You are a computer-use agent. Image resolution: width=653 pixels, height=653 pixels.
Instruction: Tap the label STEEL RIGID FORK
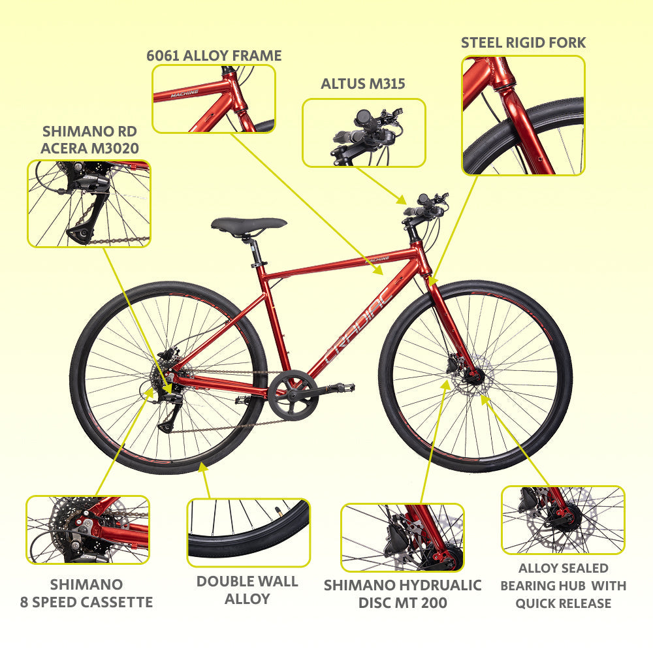523,42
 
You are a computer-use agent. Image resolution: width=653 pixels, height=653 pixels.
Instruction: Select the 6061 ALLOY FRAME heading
214,56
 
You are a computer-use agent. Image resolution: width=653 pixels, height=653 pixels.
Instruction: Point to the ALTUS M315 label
362,84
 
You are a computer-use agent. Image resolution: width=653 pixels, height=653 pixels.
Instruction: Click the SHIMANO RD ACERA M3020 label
89,140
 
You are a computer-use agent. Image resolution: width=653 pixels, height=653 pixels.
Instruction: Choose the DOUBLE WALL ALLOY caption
247,590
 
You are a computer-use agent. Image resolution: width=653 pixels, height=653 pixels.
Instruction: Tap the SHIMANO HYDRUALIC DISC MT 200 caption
402,594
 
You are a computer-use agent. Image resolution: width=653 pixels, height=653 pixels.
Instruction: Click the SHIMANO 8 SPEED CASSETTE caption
87,593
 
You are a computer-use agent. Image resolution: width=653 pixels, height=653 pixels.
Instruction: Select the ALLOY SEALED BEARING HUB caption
563,586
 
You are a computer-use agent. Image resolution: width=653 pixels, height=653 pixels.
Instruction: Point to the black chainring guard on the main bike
293,394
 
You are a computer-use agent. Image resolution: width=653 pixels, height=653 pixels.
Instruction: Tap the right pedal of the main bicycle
344,387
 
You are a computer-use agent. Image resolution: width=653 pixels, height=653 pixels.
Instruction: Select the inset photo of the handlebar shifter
364,133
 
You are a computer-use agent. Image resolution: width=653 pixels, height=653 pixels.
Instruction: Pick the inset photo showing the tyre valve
249,533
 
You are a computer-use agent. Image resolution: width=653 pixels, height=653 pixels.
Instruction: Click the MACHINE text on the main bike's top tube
377,259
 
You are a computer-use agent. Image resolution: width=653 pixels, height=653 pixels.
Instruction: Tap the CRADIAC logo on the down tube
358,325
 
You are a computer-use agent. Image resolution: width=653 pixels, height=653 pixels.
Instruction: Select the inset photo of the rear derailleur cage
89,204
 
